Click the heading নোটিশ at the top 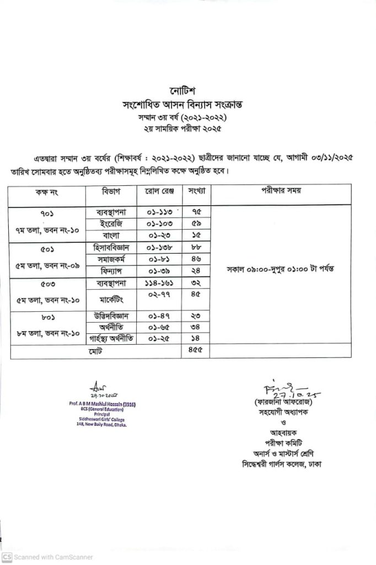click(x=182, y=90)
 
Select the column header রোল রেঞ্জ click(x=159, y=191)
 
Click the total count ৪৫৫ click(x=196, y=350)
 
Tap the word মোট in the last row click(x=94, y=350)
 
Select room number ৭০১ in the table click(x=47, y=213)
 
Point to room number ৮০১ click(x=47, y=317)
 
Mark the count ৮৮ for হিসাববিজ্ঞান click(x=196, y=248)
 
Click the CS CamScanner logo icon click(x=7, y=557)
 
